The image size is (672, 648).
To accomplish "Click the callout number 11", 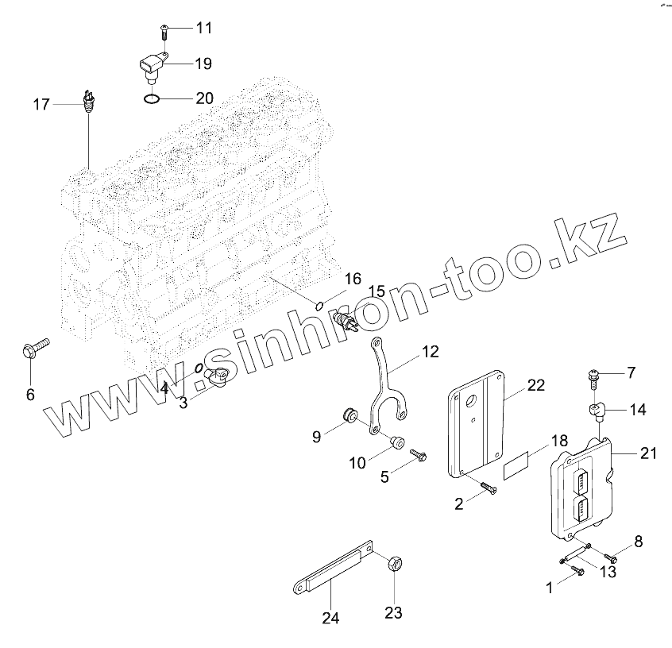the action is coord(204,29).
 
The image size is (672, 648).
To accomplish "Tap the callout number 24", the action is coord(331,617).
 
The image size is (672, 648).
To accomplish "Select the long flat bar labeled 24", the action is coord(329,572).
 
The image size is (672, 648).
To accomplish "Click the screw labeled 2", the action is coord(485,489).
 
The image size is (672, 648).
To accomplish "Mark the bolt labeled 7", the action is coord(593,374).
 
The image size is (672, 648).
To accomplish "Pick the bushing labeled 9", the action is coord(346,415).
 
